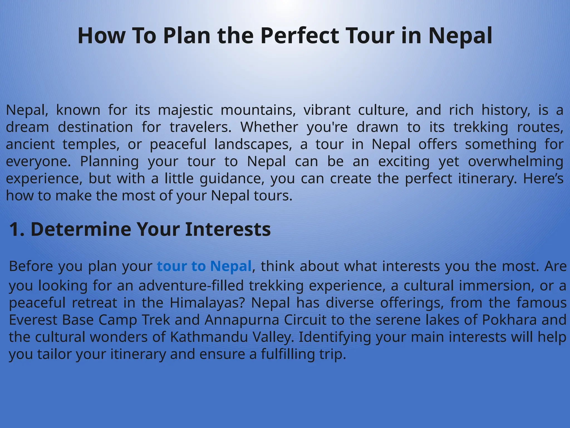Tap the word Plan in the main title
(x=186, y=36)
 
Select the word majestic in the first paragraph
(x=185, y=110)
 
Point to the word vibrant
(x=327, y=110)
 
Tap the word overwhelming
(x=515, y=162)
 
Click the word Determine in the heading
(x=81, y=229)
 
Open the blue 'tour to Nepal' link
(x=204, y=266)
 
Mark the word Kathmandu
(x=209, y=337)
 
